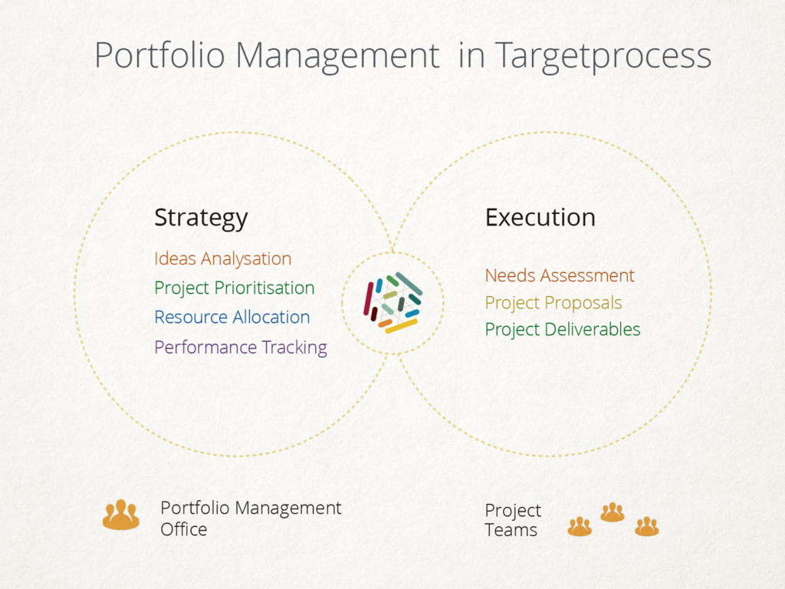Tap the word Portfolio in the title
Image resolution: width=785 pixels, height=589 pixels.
coord(159,54)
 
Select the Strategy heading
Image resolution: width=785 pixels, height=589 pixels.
coord(201,219)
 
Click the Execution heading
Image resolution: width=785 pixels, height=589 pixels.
coord(540,217)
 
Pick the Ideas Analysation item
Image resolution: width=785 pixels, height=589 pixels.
coord(223,259)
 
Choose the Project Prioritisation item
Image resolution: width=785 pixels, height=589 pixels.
coord(235,288)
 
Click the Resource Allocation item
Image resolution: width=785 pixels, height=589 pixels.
coord(232,317)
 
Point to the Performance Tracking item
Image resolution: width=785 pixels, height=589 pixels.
coord(240,347)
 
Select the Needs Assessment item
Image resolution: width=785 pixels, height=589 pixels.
coord(559,275)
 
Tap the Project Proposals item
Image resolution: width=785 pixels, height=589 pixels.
coord(553,303)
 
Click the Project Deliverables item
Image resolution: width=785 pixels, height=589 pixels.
coord(563,330)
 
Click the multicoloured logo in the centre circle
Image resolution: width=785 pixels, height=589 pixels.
coord(393,302)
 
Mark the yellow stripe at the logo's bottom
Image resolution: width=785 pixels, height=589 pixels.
coord(401,327)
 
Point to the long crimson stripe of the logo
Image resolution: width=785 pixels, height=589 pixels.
coord(368,298)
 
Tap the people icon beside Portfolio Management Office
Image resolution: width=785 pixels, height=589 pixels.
coord(121,515)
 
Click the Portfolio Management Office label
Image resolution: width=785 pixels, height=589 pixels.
coord(251,518)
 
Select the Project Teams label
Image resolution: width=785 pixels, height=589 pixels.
coord(513,520)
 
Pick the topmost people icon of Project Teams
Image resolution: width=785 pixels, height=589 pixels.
coord(613,512)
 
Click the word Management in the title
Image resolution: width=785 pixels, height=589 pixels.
coord(337,56)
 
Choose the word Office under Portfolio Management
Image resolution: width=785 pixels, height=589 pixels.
coord(184,529)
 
